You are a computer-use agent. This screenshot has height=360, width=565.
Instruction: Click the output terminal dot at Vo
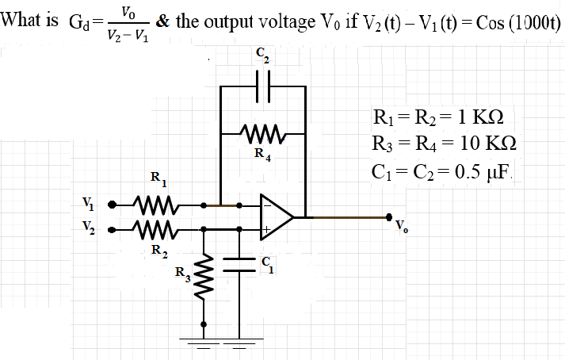(388, 216)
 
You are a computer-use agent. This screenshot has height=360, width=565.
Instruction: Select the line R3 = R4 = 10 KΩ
(444, 145)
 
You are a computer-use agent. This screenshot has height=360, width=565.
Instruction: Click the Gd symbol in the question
(81, 21)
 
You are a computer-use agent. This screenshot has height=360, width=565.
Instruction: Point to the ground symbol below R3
(206, 341)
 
